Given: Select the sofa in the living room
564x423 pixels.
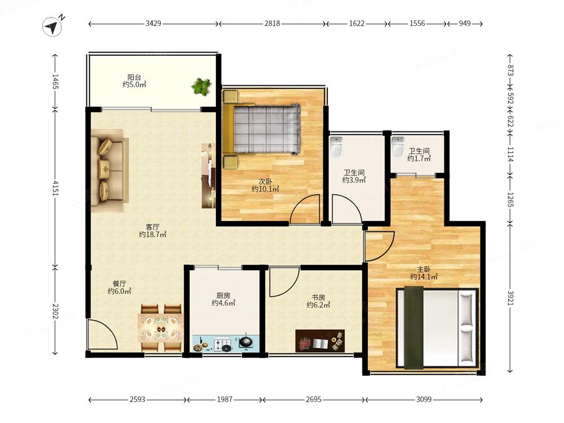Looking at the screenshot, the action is coord(109,170).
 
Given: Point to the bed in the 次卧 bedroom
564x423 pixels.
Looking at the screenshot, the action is coord(262,129).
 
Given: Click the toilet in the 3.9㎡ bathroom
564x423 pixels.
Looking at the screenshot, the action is coord(336,147).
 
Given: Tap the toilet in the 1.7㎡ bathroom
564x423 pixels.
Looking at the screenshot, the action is coord(398,147).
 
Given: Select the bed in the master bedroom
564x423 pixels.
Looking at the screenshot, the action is coord(438,327).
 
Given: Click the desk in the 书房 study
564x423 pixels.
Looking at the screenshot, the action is coord(320,341).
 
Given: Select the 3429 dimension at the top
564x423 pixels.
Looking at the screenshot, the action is coord(153,23).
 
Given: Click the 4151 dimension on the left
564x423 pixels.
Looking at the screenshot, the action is coord(55,187).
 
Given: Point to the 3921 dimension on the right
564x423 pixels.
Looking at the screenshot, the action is coord(510,298).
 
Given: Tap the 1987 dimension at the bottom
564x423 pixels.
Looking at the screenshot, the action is coord(224,399).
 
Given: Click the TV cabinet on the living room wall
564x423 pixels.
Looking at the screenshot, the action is coord(208,175).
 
